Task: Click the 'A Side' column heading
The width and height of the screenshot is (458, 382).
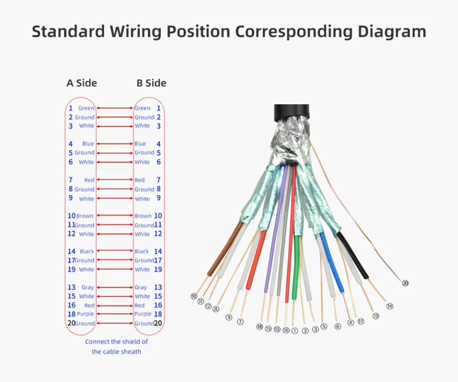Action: pyautogui.click(x=82, y=83)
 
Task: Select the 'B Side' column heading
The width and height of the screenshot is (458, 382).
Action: pyautogui.click(x=151, y=83)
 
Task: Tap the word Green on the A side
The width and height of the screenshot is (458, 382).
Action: pyautogui.click(x=86, y=108)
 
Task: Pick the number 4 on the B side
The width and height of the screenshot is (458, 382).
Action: pyautogui.click(x=158, y=144)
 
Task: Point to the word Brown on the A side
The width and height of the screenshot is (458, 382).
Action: pyautogui.click(x=85, y=216)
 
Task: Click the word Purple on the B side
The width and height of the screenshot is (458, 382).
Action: pyautogui.click(x=143, y=314)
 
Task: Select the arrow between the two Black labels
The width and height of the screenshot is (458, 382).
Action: pyautogui.click(x=114, y=251)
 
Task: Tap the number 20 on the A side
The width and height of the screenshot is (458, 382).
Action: pyautogui.click(x=71, y=323)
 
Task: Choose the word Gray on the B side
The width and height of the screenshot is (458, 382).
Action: pyautogui.click(x=141, y=287)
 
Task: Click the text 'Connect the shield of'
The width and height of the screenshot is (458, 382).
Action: pyautogui.click(x=116, y=342)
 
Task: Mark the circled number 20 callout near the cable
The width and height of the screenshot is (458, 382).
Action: pyautogui.click(x=405, y=283)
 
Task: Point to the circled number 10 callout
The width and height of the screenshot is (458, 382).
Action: pyautogui.click(x=194, y=296)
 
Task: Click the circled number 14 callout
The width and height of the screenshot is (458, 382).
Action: pyautogui.click(x=390, y=306)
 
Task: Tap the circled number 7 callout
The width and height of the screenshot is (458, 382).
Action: pyautogui.click(x=240, y=322)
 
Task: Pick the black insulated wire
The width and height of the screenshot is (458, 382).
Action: pyautogui.click(x=353, y=257)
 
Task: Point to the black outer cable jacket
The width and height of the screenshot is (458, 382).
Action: pyautogui.click(x=291, y=111)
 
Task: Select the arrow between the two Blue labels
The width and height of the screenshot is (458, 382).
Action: pyautogui.click(x=114, y=144)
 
